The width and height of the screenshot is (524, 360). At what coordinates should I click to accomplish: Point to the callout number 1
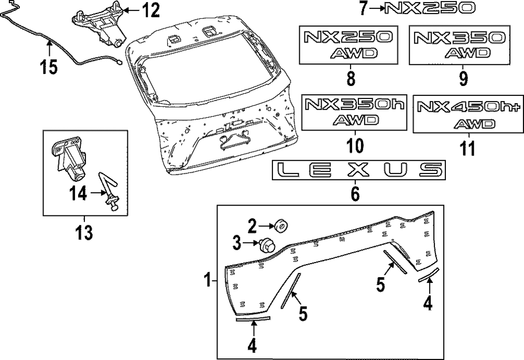(x=208, y=281)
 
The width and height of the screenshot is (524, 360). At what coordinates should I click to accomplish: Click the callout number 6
(x=355, y=194)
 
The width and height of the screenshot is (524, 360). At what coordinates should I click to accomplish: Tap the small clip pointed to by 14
(x=112, y=197)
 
